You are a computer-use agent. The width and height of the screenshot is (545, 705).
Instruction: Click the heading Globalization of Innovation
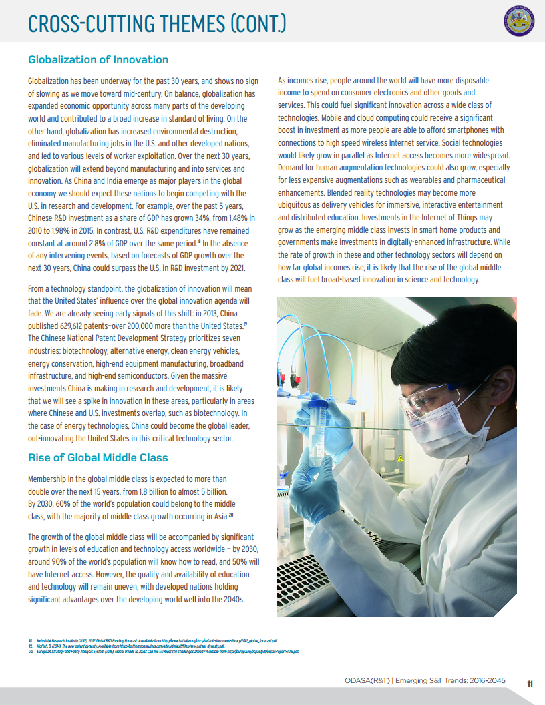[98, 60]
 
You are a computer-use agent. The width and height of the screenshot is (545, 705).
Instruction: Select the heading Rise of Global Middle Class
[98, 457]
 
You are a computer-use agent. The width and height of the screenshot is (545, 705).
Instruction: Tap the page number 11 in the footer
[530, 683]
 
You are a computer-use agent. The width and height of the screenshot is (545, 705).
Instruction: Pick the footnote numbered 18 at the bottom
[31, 640]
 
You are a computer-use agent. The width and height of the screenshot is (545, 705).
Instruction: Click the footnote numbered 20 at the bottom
[31, 651]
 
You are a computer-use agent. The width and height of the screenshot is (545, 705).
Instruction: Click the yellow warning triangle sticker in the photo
[400, 458]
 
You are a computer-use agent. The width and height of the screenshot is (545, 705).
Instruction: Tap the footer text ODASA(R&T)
[365, 681]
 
